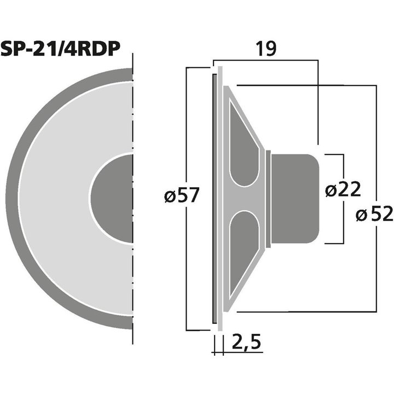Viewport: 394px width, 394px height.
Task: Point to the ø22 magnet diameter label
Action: click(x=343, y=190)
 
